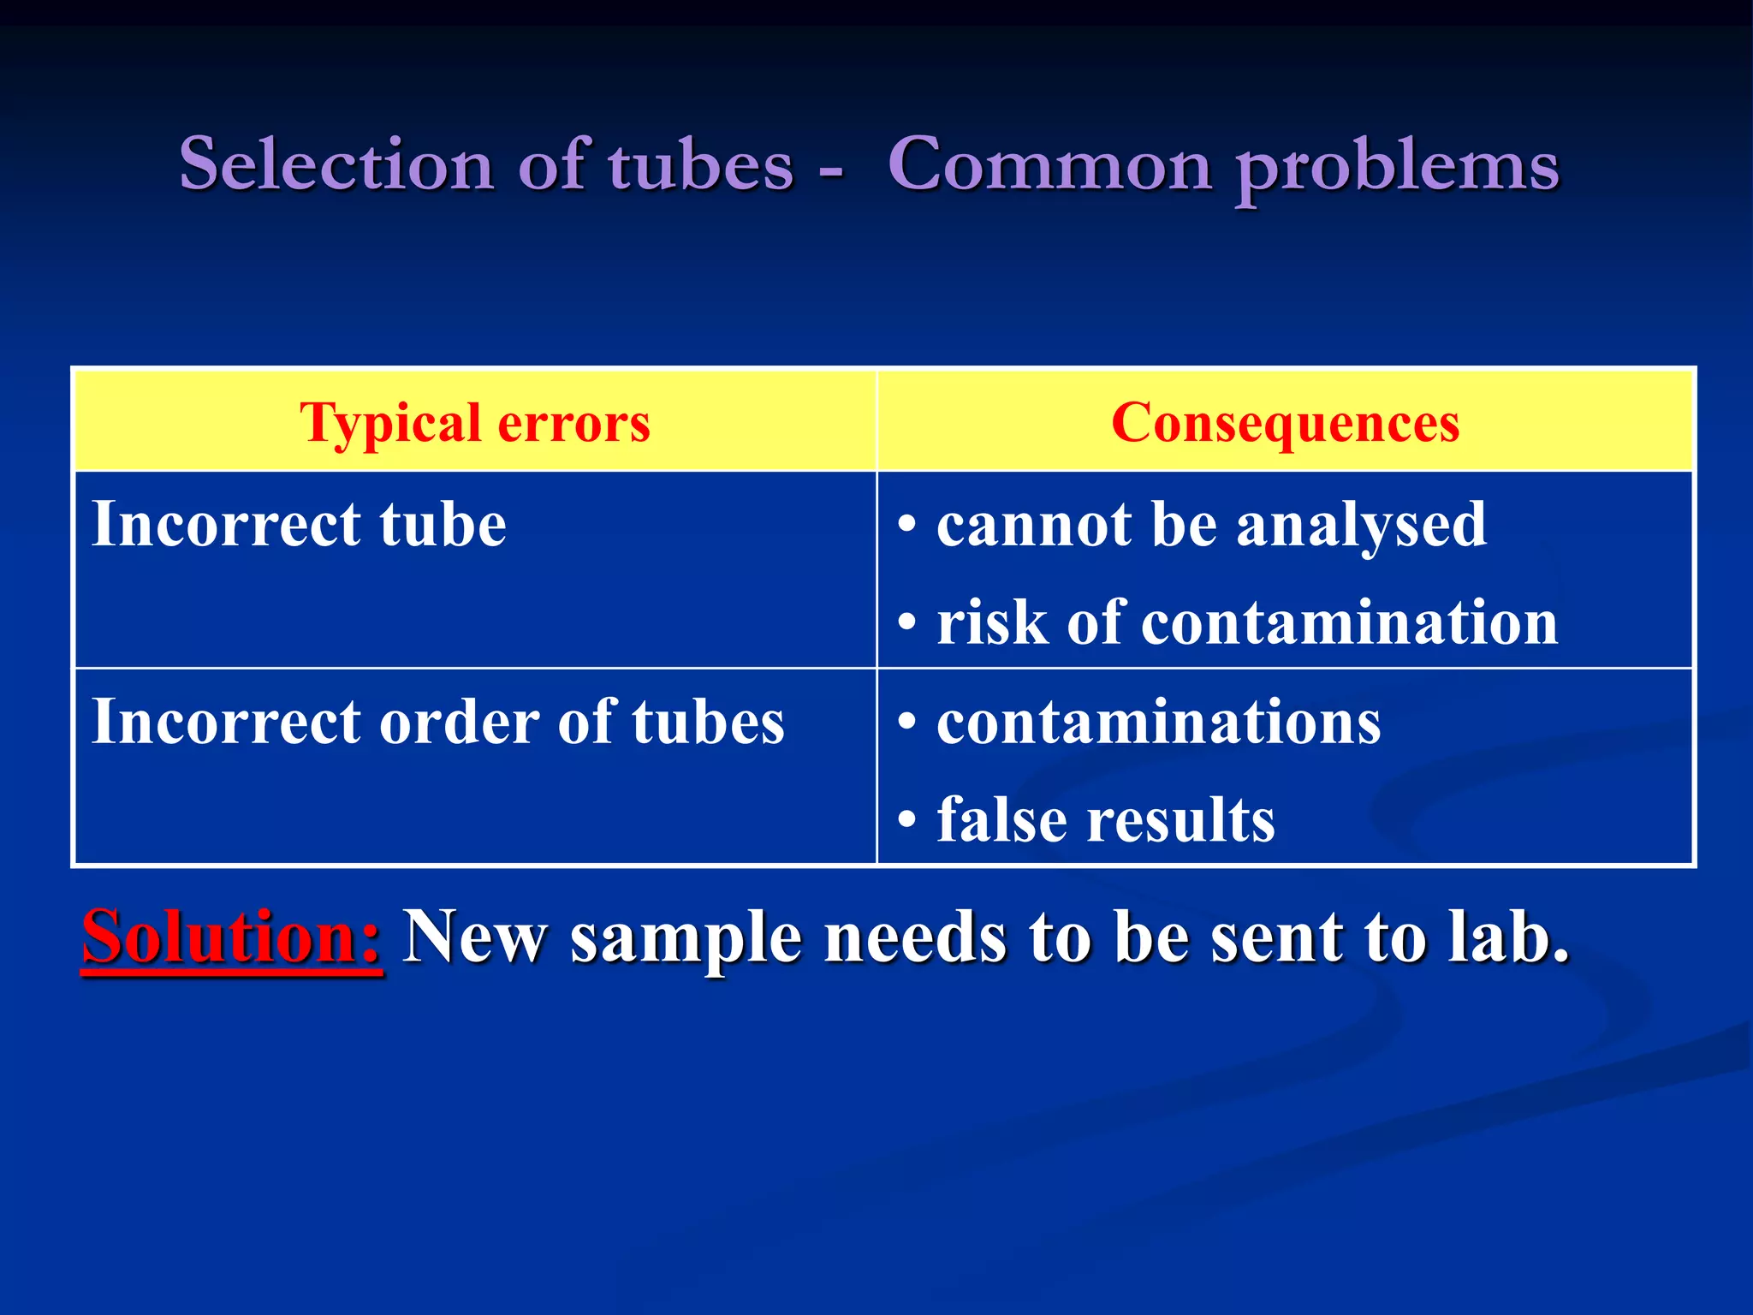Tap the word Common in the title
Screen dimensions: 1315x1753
tap(1049, 164)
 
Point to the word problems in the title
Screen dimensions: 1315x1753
tap(1399, 167)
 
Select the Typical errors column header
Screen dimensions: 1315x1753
tap(475, 422)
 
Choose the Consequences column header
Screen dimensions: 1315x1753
tap(1285, 422)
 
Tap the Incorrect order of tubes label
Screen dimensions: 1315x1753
tap(437, 721)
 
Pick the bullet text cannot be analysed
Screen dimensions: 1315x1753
tap(1211, 524)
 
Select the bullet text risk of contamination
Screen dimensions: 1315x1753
tap(1247, 622)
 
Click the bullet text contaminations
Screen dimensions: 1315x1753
tap(1158, 721)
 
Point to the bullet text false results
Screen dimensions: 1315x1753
tap(1105, 819)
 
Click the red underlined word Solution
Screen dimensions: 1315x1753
tap(231, 937)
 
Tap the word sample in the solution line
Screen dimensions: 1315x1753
tap(686, 938)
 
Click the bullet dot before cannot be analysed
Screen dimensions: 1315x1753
tap(907, 526)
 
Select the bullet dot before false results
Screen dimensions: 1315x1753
tap(907, 821)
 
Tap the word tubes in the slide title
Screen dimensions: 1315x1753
tap(701, 164)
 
